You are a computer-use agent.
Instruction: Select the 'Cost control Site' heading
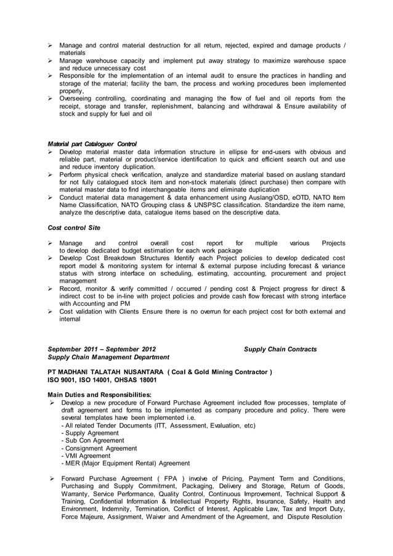pyautogui.click(x=74, y=227)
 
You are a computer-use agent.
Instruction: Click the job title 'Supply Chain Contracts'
pyautogui.click(x=280, y=349)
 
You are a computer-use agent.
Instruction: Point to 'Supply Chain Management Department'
pyautogui.click(x=109, y=358)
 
